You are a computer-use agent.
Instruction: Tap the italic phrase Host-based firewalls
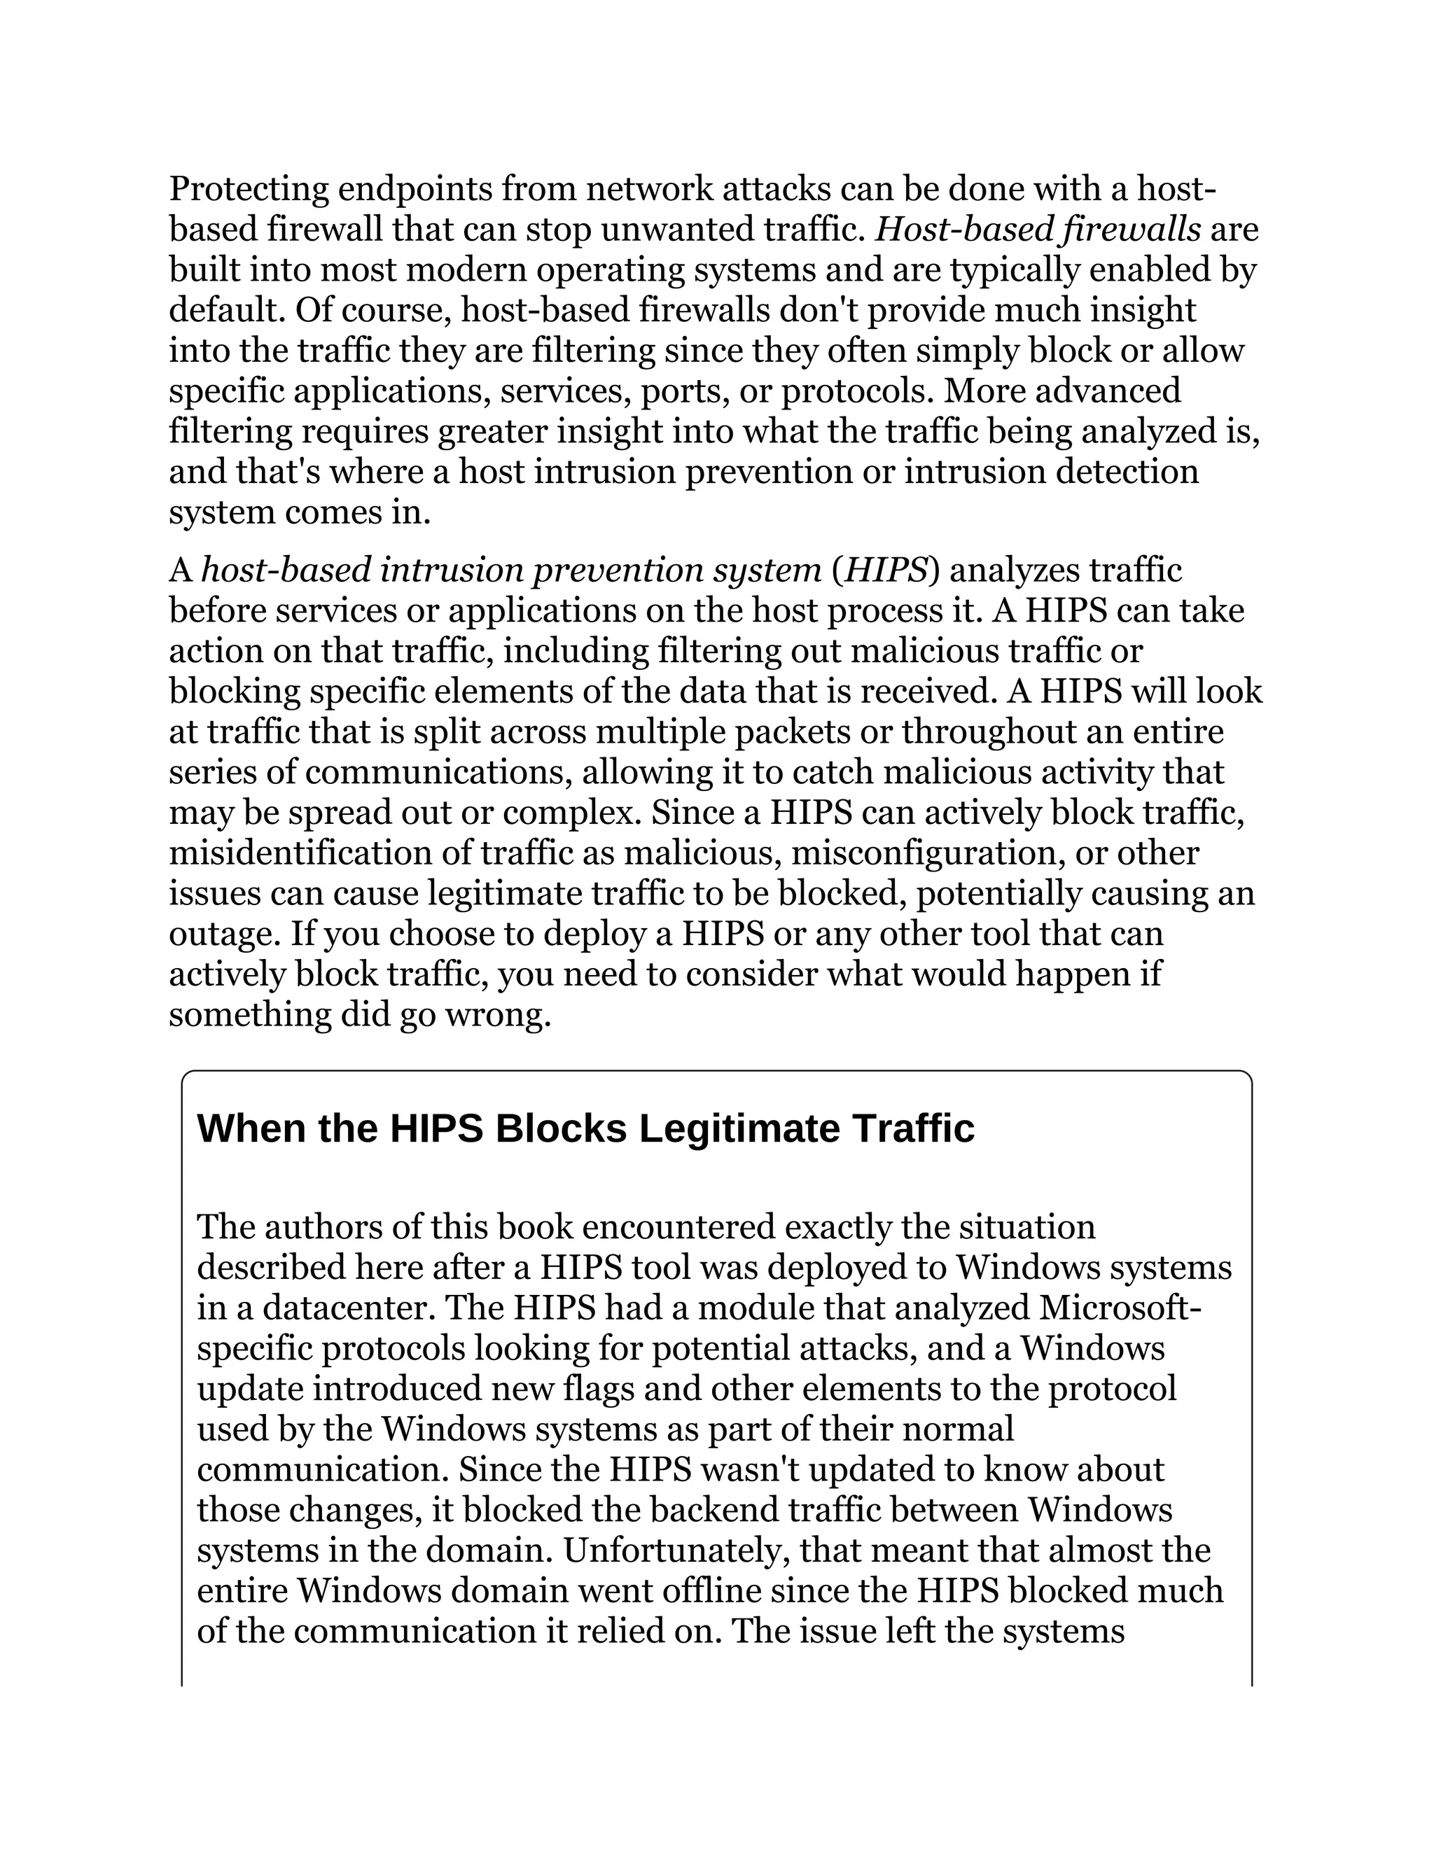tap(1038, 230)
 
